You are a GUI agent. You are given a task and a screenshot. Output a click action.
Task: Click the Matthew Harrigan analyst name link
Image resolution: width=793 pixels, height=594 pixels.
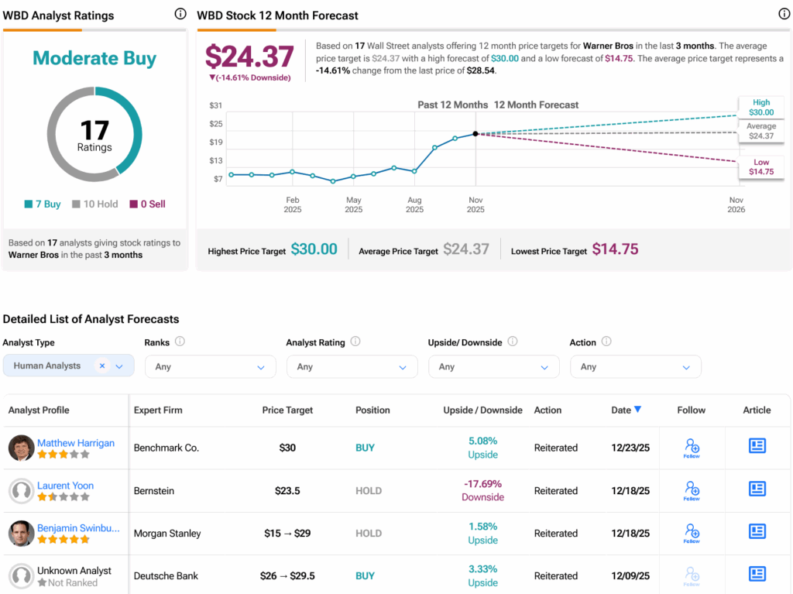(x=76, y=443)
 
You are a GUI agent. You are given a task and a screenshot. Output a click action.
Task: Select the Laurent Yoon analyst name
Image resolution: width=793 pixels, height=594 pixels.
(x=66, y=486)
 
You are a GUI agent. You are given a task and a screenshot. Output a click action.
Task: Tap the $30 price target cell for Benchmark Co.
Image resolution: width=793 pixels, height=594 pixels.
(x=287, y=448)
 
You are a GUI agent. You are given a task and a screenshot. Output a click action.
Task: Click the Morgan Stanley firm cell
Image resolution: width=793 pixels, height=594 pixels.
(x=167, y=533)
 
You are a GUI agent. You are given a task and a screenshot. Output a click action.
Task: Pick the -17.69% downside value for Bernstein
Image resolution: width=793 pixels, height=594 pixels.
(x=482, y=483)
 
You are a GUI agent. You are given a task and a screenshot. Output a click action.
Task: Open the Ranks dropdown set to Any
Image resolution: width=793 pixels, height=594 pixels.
(x=210, y=366)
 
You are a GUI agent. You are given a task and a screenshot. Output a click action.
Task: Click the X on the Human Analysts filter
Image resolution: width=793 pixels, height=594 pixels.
(x=102, y=366)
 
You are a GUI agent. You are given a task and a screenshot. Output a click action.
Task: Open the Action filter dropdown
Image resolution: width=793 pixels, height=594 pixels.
(x=635, y=366)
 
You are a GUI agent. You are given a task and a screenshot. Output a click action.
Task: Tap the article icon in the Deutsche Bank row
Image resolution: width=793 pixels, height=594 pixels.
(x=757, y=574)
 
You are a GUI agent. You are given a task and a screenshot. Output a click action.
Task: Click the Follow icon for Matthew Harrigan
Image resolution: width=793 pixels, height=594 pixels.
(x=692, y=447)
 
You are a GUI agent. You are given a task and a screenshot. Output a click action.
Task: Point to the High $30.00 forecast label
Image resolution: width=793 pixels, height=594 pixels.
(x=761, y=107)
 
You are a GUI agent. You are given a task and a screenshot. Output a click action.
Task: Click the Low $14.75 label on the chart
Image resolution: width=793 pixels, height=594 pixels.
(x=761, y=167)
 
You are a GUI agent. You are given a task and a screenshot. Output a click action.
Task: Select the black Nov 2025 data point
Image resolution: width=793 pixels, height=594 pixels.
(x=475, y=134)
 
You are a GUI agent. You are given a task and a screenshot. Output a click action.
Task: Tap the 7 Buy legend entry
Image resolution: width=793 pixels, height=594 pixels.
(x=43, y=204)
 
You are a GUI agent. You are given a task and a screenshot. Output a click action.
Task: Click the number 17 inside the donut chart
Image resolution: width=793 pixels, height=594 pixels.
(x=94, y=130)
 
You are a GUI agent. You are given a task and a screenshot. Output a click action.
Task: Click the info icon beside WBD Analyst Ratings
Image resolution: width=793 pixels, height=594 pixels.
(x=180, y=14)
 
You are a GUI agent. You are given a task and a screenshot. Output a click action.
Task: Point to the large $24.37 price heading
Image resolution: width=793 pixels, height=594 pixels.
(x=249, y=57)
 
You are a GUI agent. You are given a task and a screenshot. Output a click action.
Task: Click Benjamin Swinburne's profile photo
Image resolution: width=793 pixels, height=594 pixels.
(x=21, y=533)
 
